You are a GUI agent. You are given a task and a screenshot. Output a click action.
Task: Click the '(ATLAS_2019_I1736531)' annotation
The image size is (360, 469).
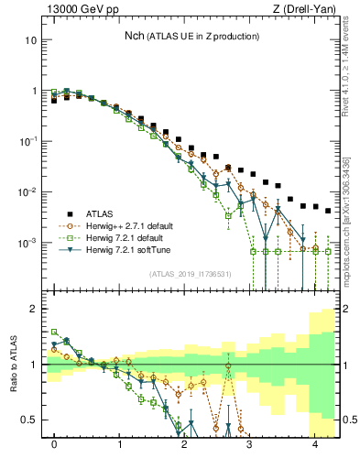pos(188,273)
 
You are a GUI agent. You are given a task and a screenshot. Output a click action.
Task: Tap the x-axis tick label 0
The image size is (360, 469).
pos(54,444)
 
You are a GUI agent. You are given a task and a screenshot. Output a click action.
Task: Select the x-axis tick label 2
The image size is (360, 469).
pos(185,444)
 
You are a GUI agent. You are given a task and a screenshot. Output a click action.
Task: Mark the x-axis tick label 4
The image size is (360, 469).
pos(315,444)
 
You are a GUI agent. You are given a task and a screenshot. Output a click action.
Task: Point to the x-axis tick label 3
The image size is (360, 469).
pos(250,444)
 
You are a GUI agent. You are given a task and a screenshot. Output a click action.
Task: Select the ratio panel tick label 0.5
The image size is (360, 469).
pos(28,420)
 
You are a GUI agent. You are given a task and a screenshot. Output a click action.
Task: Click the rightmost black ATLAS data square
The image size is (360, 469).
pos(328,211)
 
